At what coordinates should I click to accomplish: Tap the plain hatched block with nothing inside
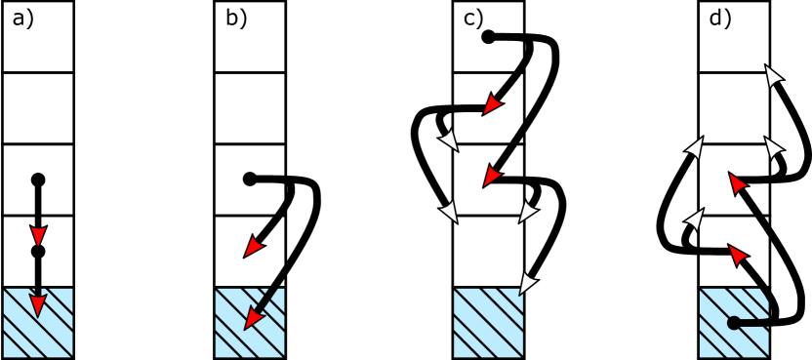coord(488,323)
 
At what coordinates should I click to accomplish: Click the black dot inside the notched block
coord(734,323)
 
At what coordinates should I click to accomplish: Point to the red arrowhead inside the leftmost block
coord(38,305)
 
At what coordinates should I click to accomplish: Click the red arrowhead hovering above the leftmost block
coord(38,235)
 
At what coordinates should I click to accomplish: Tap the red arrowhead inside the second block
coord(253,317)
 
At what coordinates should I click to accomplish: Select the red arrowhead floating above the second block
coord(254,247)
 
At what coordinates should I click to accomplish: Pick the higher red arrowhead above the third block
coord(492,104)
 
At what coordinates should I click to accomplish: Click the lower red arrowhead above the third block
coord(492,176)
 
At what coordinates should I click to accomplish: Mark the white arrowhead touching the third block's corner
coord(527,283)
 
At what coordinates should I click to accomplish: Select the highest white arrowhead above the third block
coord(450,140)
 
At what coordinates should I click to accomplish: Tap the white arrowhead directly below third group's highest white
coord(450,211)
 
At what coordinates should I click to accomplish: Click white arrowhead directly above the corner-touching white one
coord(527,212)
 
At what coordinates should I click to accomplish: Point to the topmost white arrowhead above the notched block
coord(773,76)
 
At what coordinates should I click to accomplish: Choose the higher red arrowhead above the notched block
coord(737,183)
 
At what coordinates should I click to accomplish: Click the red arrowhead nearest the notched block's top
coord(737,255)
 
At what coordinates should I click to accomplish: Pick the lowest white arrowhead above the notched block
coord(695,220)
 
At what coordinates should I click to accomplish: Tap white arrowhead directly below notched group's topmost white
coord(773,147)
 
